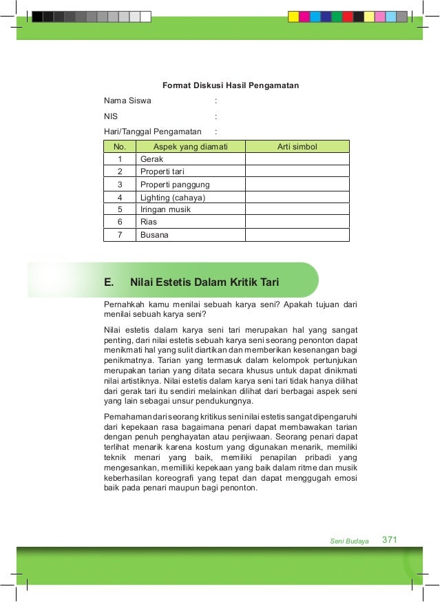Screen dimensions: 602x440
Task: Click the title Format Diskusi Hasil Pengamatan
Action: pyautogui.click(x=230, y=86)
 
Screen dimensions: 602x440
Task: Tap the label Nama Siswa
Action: pyautogui.click(x=127, y=101)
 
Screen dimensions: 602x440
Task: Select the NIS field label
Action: pyautogui.click(x=111, y=116)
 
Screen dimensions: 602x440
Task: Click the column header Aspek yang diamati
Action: pyautogui.click(x=189, y=146)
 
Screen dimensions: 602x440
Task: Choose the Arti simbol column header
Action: pyautogui.click(x=297, y=146)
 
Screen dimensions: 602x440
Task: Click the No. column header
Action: pyautogui.click(x=120, y=146)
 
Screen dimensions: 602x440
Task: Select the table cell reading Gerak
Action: pyautogui.click(x=151, y=159)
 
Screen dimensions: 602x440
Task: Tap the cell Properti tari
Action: pyautogui.click(x=163, y=172)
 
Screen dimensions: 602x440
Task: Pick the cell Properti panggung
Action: pyautogui.click(x=175, y=185)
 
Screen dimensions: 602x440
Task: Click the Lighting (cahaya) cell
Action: pyautogui.click(x=173, y=198)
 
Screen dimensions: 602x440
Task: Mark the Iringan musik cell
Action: pyautogui.click(x=165, y=209)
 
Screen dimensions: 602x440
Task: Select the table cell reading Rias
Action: pyautogui.click(x=149, y=222)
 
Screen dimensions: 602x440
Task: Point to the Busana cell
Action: pyautogui.click(x=154, y=235)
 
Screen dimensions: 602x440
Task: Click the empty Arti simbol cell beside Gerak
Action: pyautogui.click(x=297, y=159)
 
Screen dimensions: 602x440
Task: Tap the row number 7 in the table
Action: pyautogui.click(x=120, y=235)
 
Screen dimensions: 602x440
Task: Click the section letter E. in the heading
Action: pyautogui.click(x=109, y=282)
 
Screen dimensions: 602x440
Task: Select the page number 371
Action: pyautogui.click(x=390, y=539)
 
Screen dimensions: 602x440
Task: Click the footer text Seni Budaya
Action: pyautogui.click(x=350, y=541)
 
